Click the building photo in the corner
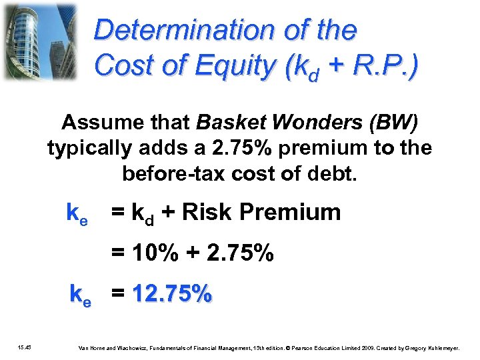41,41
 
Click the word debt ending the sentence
337,174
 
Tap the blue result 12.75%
172,293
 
